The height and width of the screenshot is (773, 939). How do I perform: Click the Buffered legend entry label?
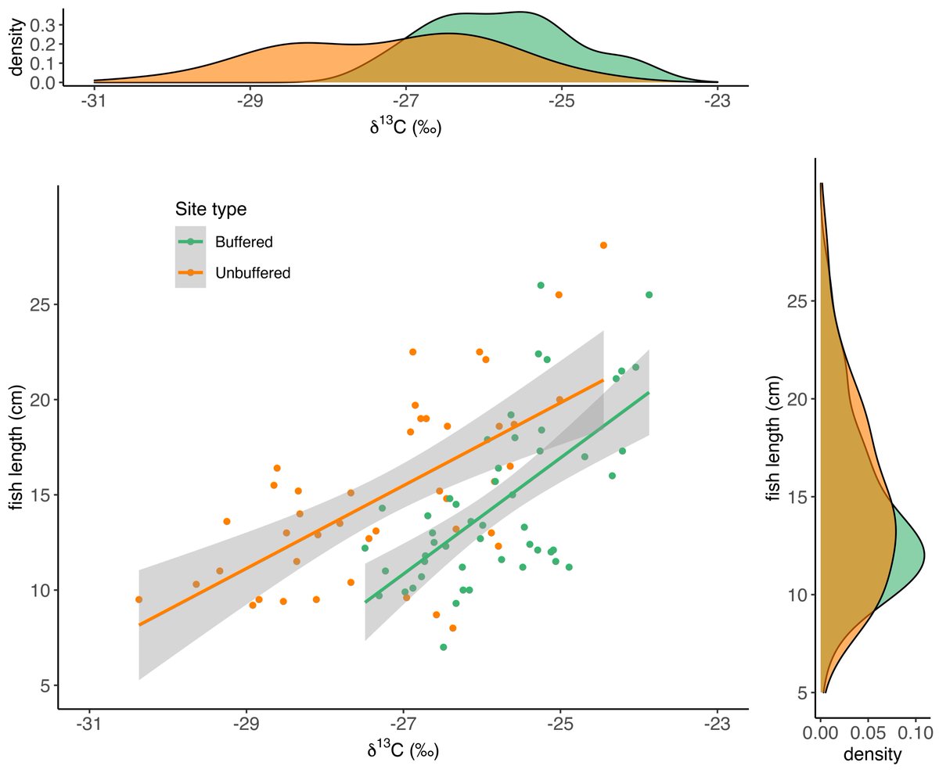[244, 242]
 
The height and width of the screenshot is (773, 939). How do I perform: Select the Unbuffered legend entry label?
[253, 273]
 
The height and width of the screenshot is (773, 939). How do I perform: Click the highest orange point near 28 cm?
[603, 245]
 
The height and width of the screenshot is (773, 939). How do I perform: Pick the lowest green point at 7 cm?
[444, 647]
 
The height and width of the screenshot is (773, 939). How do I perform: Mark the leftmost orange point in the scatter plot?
[139, 599]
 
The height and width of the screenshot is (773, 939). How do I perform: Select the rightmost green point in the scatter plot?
[649, 295]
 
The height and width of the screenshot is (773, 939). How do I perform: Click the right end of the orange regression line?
[603, 380]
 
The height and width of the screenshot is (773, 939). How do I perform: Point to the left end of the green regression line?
[365, 602]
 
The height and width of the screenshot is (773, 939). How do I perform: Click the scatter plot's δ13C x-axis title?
[402, 750]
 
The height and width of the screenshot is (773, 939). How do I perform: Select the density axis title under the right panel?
[871, 755]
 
